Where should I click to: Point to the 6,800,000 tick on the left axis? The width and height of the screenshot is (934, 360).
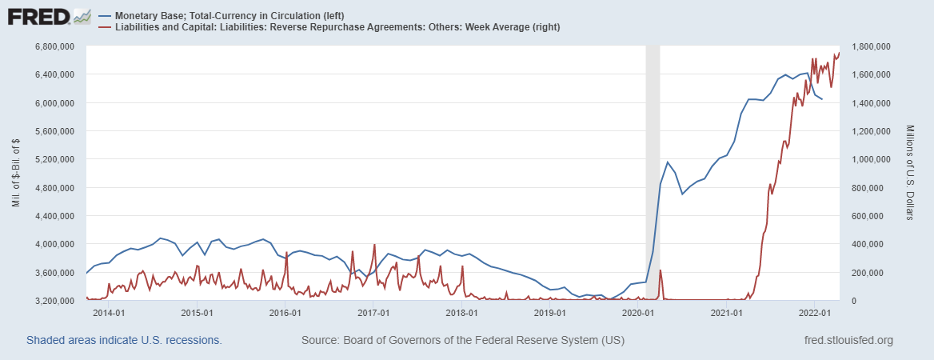[x=55, y=46]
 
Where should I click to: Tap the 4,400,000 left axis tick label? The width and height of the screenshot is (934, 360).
[x=55, y=216]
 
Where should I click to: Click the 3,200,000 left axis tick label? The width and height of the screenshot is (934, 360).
[x=55, y=301]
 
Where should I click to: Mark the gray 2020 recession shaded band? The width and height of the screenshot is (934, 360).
[x=653, y=160]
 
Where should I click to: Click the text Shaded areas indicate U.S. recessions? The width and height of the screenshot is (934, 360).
[x=124, y=341]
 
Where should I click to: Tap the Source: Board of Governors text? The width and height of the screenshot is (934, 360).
[x=462, y=341]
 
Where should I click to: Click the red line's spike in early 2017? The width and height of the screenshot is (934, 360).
[x=374, y=245]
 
